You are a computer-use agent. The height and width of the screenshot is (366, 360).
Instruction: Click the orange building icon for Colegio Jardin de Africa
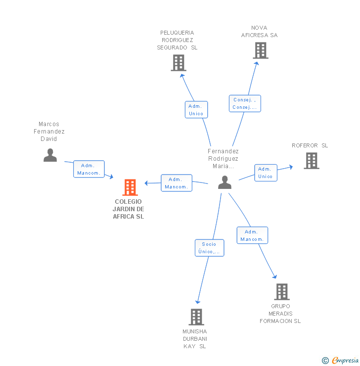click(x=130, y=187)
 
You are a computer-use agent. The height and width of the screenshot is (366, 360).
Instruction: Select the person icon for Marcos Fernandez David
click(x=50, y=155)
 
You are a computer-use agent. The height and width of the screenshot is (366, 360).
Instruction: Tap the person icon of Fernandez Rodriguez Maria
click(x=225, y=183)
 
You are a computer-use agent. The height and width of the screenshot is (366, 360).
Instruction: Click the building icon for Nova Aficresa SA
click(x=261, y=50)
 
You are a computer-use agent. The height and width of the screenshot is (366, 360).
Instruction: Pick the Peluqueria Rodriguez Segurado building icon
click(x=179, y=63)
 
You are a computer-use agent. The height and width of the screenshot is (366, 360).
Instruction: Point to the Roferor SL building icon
click(x=312, y=161)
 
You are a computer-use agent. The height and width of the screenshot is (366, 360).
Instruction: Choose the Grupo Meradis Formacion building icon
click(x=282, y=292)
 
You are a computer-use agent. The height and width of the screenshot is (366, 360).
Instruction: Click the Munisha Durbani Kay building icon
click(x=196, y=317)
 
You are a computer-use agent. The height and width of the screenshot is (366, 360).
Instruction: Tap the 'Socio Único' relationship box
click(x=210, y=248)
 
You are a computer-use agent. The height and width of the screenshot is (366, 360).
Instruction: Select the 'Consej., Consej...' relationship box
click(x=245, y=103)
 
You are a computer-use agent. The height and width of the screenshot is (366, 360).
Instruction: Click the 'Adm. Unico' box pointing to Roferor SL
click(x=266, y=173)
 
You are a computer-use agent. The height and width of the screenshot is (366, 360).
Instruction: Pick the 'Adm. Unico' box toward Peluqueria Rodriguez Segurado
click(x=196, y=110)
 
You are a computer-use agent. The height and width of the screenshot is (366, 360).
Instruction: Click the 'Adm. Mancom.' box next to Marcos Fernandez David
click(x=89, y=169)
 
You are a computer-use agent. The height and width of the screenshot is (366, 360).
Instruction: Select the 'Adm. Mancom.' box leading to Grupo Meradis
click(x=252, y=235)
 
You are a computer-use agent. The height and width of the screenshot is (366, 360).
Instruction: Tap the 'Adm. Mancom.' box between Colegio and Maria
click(x=177, y=183)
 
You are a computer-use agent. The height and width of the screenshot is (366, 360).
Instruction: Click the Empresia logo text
click(x=345, y=360)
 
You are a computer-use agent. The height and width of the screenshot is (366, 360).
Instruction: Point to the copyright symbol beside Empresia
click(x=325, y=361)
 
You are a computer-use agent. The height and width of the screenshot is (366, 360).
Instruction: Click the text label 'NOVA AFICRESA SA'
click(x=259, y=32)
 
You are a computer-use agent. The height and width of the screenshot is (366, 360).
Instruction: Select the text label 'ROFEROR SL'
click(x=310, y=145)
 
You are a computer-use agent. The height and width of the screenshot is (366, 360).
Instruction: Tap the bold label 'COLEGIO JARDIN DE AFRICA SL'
click(x=128, y=209)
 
